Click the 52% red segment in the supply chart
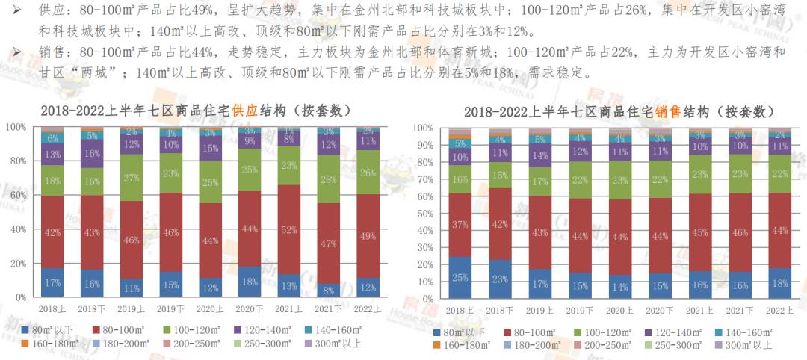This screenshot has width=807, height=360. click(288, 229)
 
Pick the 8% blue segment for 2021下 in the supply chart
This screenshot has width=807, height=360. click(329, 290)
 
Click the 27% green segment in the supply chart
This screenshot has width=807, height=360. click(132, 178)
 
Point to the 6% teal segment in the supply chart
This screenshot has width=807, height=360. click(52, 138)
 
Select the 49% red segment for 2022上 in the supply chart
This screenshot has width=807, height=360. click(368, 236)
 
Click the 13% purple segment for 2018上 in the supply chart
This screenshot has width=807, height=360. click(52, 155)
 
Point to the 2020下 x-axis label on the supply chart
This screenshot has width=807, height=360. click(249, 309)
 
